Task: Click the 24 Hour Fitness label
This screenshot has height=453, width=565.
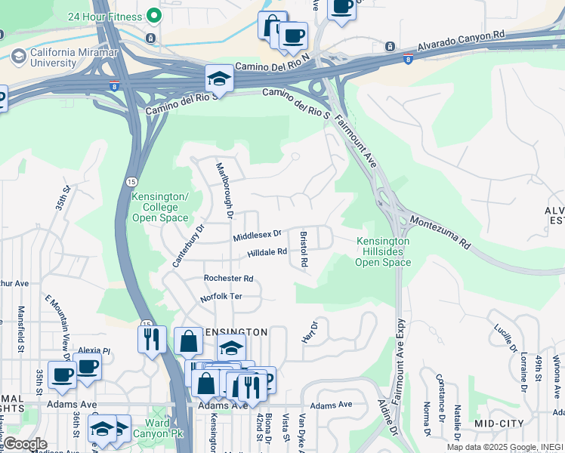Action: pos(104,16)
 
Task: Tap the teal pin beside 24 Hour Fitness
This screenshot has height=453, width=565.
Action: pos(154,16)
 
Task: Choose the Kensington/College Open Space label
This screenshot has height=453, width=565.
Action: pos(159,208)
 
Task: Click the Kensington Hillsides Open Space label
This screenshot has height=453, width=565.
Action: pos(383,252)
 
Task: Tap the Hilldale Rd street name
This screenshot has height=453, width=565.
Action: pos(267,252)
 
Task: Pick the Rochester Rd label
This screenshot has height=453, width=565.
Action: pos(228,279)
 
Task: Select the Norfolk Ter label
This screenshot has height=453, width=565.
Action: pos(221,297)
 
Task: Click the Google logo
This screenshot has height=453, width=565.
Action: pos(24,444)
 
